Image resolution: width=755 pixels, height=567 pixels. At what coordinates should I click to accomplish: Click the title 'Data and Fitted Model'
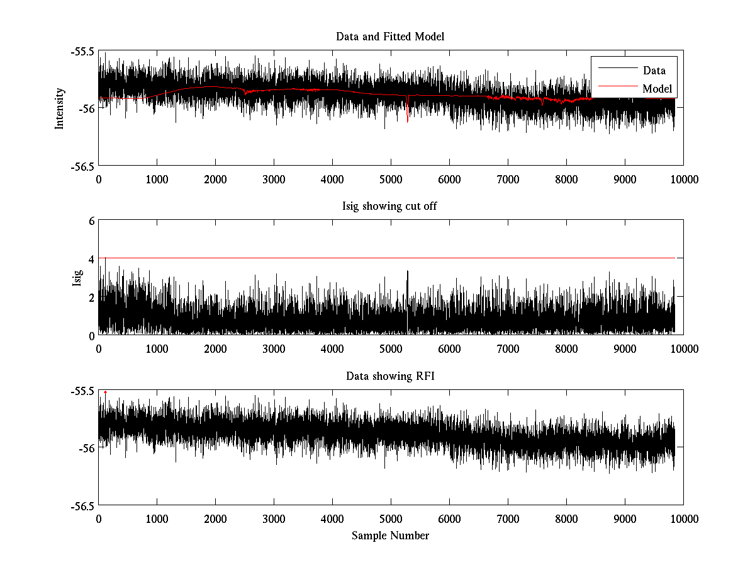tap(390, 37)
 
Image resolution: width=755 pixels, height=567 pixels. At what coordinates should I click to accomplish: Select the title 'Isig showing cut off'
tap(390, 207)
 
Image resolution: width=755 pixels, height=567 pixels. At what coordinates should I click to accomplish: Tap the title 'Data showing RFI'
tap(390, 376)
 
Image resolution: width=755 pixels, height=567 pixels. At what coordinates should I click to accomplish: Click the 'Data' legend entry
tap(654, 71)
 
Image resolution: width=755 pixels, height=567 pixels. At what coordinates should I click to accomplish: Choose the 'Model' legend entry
tap(657, 89)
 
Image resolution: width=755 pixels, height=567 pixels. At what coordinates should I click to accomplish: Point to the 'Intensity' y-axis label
tap(60, 108)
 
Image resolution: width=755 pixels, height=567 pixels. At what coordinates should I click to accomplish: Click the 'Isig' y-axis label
tap(77, 278)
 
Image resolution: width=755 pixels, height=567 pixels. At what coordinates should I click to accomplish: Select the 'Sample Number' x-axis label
tap(390, 535)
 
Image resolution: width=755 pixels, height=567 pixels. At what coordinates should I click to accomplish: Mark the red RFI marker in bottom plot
tap(105, 392)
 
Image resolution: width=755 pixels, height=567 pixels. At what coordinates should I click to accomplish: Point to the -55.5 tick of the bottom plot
tap(82, 391)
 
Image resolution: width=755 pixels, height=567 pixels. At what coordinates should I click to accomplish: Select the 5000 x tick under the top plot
tap(391, 179)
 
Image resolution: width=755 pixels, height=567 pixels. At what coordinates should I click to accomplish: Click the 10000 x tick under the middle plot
tap(683, 348)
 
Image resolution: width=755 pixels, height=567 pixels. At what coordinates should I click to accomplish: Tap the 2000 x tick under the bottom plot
tap(215, 518)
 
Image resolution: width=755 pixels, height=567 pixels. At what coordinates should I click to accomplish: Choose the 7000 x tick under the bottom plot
tap(508, 518)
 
